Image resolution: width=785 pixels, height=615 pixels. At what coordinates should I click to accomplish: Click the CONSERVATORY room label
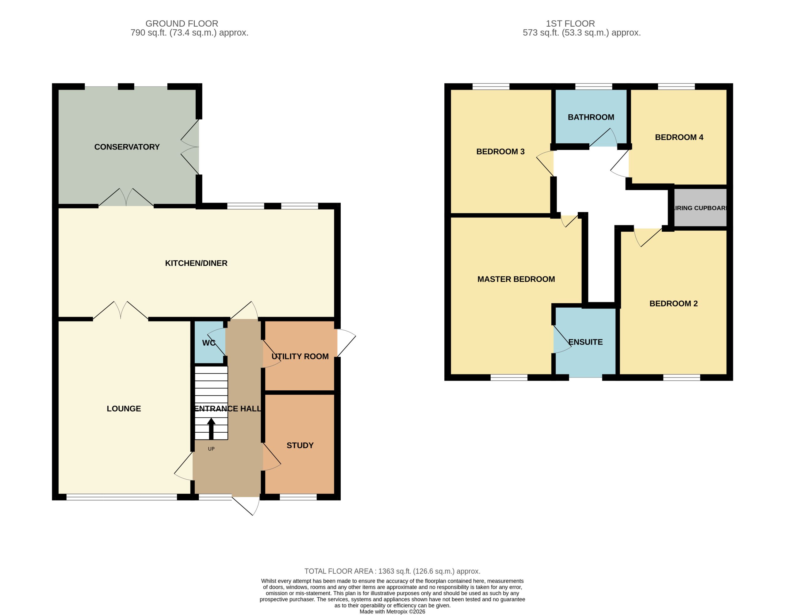tap(127, 147)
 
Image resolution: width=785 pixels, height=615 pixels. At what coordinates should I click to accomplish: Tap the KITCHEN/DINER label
tap(196, 263)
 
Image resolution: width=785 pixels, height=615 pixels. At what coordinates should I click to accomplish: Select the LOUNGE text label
tap(124, 409)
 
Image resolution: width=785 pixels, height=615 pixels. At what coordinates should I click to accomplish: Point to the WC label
tap(209, 343)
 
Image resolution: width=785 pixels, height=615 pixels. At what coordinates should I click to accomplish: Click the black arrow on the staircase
tap(211, 428)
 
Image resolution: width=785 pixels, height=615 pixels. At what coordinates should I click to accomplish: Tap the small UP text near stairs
tap(211, 449)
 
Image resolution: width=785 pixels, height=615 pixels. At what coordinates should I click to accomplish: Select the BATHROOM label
tap(591, 117)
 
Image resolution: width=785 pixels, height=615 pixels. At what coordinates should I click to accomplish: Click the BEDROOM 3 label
tap(500, 152)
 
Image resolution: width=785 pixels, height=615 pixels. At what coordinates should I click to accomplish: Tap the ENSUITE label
tap(585, 342)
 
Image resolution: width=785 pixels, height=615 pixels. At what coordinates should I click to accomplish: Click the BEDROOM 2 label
tap(673, 304)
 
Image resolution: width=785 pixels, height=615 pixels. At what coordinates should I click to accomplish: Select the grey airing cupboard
tap(700, 208)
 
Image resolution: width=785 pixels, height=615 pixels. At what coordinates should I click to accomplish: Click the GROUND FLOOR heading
tap(182, 23)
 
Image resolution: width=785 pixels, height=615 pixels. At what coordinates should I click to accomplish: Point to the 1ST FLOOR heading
tap(570, 23)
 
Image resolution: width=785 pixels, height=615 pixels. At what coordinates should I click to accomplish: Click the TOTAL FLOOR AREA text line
tap(392, 571)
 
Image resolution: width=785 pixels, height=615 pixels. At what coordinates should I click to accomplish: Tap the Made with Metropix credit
tap(392, 611)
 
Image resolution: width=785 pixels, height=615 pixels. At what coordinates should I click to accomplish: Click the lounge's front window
tap(122, 497)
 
